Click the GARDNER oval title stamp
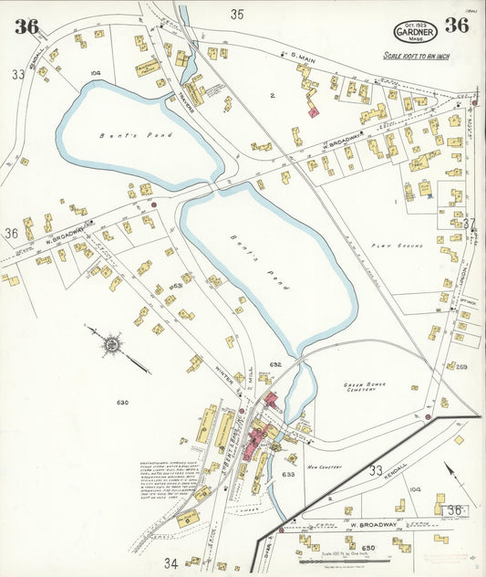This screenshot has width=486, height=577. (x=415, y=33)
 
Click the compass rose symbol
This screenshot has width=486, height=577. (x=113, y=345)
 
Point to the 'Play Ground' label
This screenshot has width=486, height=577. (x=389, y=246)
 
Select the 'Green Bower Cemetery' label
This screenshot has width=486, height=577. (x=365, y=388)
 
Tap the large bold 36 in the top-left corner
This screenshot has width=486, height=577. (x=26, y=26)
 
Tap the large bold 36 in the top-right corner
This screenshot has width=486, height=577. (x=456, y=25)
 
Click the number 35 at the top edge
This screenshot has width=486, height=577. (x=238, y=14)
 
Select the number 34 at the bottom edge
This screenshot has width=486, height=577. (x=170, y=562)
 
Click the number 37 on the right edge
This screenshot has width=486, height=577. (x=469, y=223)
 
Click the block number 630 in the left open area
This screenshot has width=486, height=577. (x=122, y=402)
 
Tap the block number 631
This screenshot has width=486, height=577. (x=177, y=286)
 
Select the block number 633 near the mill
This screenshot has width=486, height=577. (x=288, y=474)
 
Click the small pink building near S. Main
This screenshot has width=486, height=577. (x=313, y=111)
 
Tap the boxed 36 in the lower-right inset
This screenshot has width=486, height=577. (x=454, y=510)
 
